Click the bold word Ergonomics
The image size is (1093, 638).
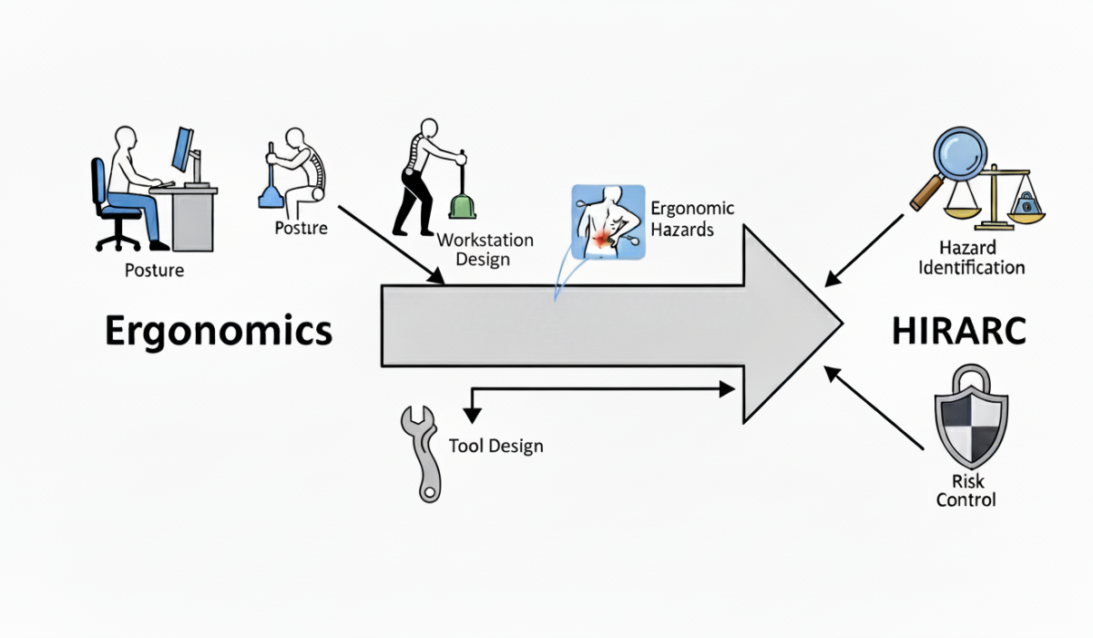tap(219, 332)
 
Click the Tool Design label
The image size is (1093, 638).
tap(496, 447)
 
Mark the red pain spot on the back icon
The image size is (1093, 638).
tap(603, 240)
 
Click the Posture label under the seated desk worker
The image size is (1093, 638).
tap(154, 270)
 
